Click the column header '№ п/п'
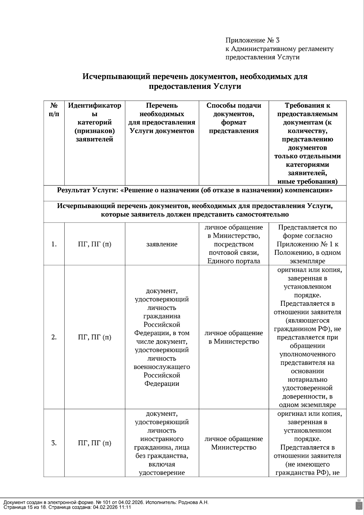coord(54,110)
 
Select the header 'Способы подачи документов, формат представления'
coord(234,118)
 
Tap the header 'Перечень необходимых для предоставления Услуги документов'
coord(162,118)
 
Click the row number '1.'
coord(54,244)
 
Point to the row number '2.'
coord(54,337)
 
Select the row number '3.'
coord(54,443)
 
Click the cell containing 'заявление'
coord(162,244)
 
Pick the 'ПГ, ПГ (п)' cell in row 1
coord(95,244)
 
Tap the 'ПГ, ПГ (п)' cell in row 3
coord(95,443)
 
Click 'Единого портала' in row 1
coord(234,261)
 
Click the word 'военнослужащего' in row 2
coord(162,367)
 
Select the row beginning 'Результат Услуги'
coord(195,190)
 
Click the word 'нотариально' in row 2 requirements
coord(307,379)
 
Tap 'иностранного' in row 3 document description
coord(162,439)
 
